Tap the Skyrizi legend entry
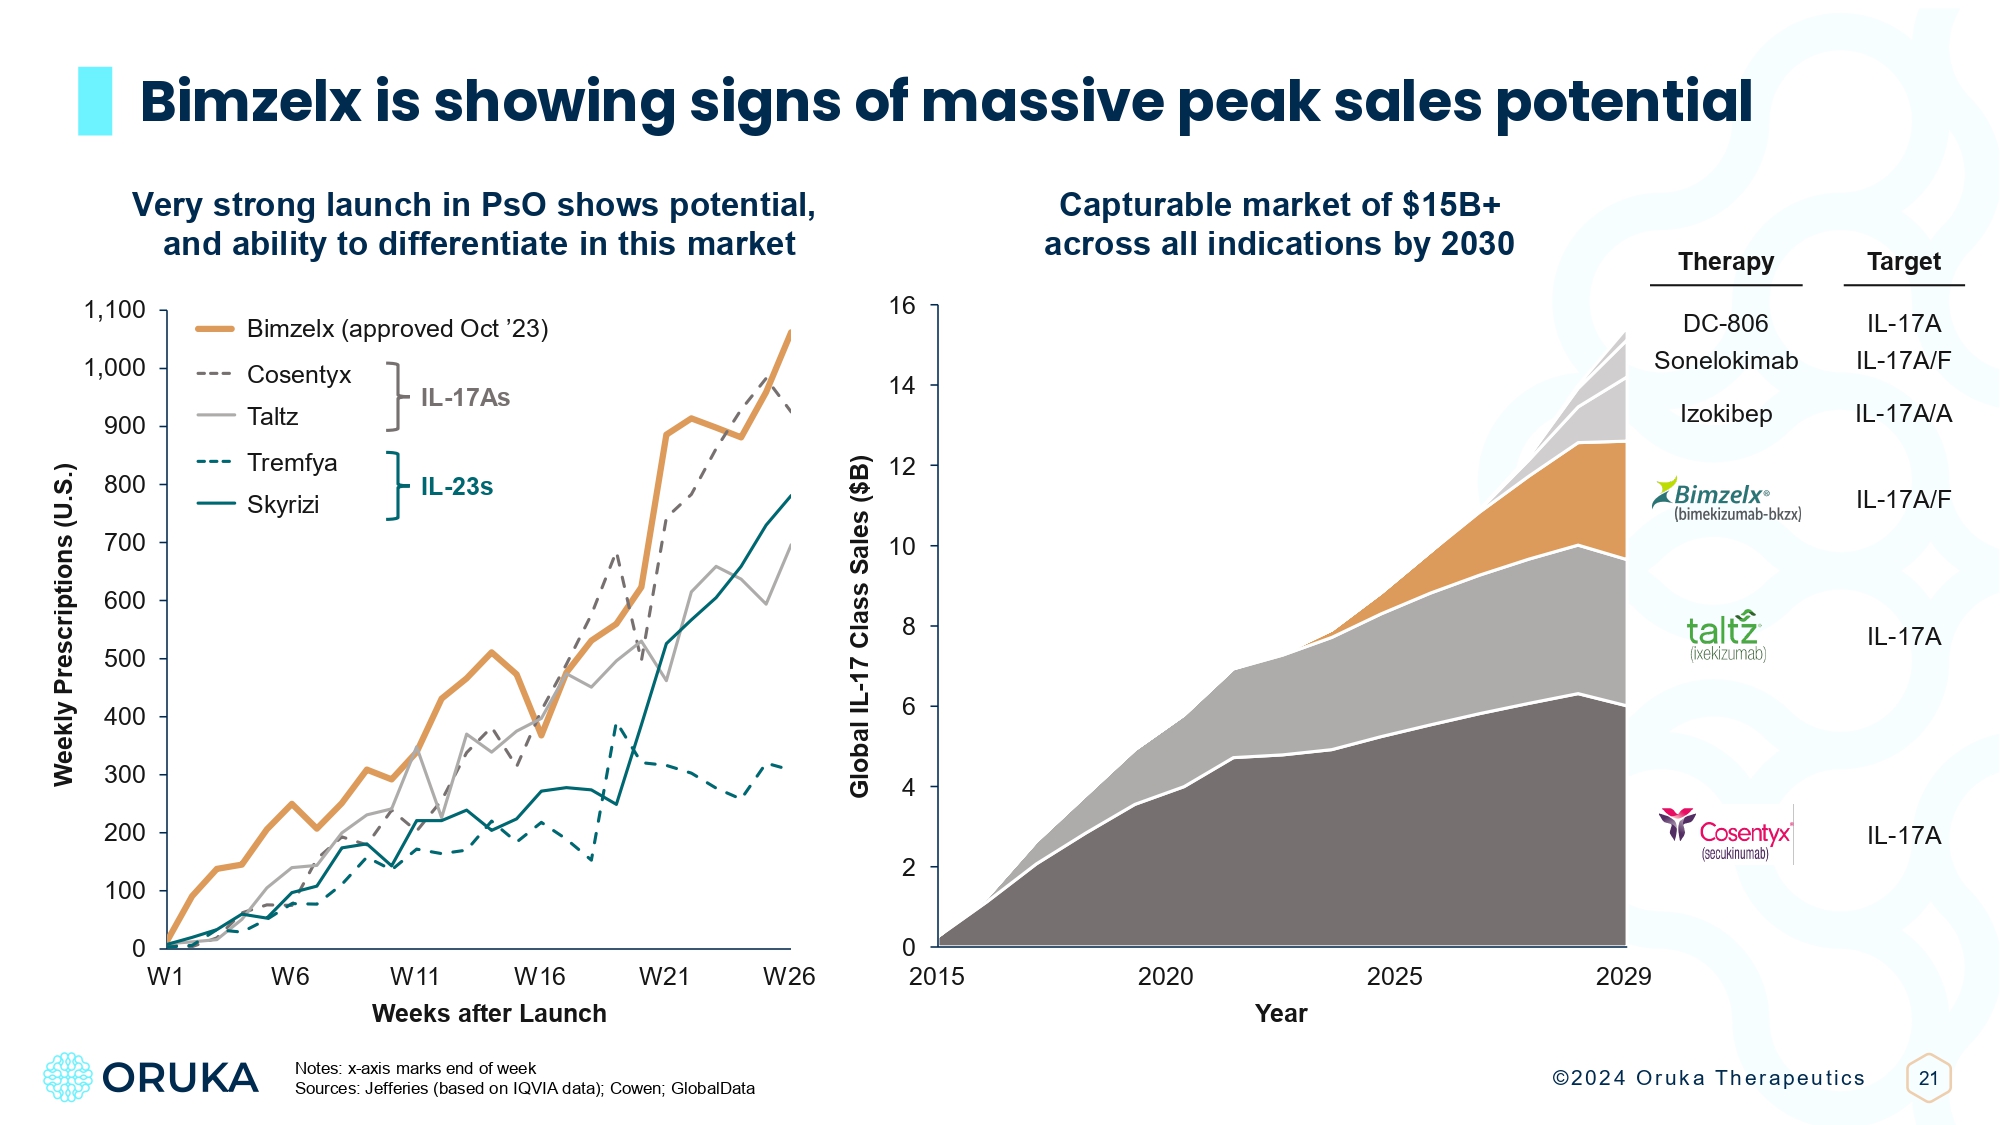tap(282, 504)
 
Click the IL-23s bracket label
tap(456, 487)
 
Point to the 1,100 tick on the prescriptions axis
tap(115, 310)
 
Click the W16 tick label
tap(539, 977)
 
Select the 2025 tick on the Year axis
tap(1394, 977)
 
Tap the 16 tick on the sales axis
tap(902, 306)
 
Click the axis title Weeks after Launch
tap(489, 1014)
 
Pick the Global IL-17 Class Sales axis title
tap(859, 627)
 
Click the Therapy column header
tap(1726, 262)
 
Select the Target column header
tap(1903, 262)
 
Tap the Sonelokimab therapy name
tap(1726, 361)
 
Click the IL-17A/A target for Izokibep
tap(1903, 414)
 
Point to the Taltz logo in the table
tap(1724, 636)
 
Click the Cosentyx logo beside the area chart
tap(1726, 835)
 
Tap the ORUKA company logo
tap(151, 1077)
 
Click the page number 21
tap(1928, 1078)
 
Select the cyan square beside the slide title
tap(95, 101)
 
